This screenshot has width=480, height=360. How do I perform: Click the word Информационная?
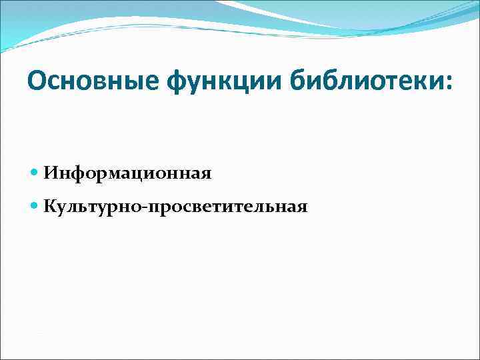127,174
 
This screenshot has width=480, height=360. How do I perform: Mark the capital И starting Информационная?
51,174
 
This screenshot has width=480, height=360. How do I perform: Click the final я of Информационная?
206,175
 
